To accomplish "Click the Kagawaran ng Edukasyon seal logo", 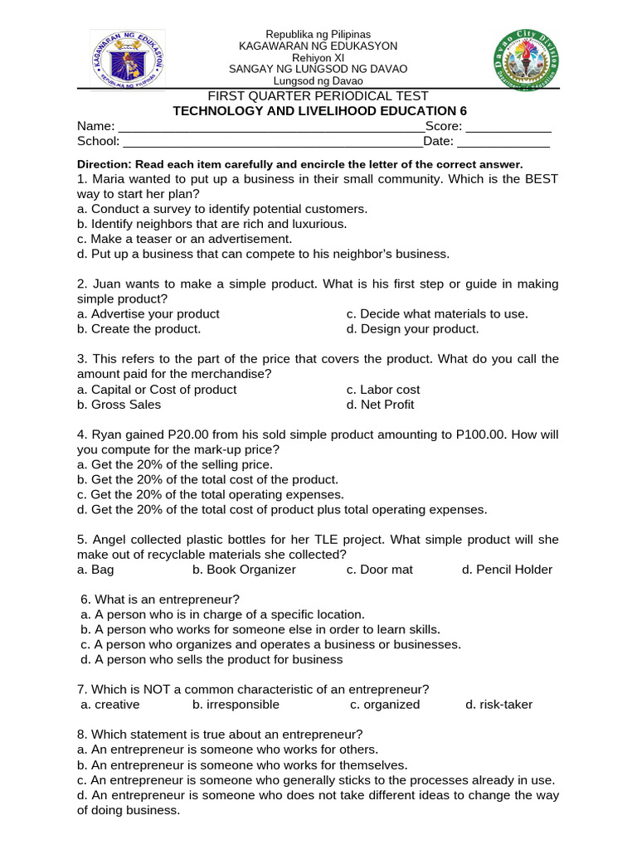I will click(127, 60).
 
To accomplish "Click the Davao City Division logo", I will click(526, 59).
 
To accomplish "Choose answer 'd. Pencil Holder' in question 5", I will click(507, 570).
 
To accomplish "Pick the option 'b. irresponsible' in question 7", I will click(236, 705).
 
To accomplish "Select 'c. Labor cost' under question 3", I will click(383, 390).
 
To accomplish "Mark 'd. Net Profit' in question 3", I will click(380, 405).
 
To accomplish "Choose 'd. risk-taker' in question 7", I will click(498, 705).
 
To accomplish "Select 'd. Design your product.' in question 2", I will click(412, 329).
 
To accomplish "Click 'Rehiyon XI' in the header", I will click(318, 57).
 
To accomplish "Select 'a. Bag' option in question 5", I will click(95, 570).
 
